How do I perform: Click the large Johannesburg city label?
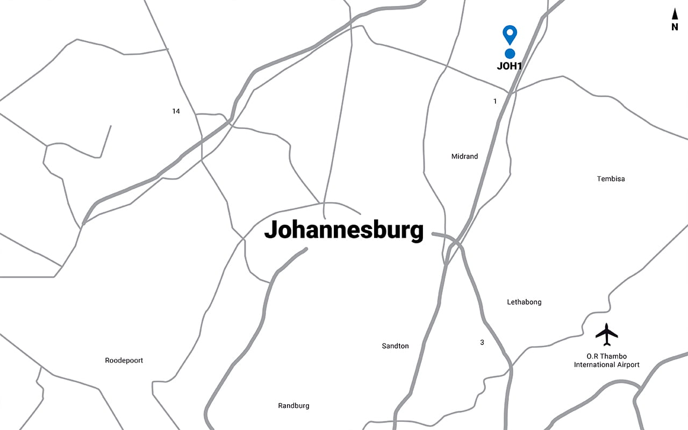tap(344, 230)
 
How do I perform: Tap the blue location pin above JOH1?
tap(510, 33)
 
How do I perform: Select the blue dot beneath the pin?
tap(510, 53)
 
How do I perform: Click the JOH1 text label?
tap(510, 67)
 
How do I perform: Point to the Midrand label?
tap(464, 156)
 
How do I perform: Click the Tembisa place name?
tap(611, 178)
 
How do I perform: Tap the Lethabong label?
tap(524, 302)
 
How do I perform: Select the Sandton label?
tap(395, 346)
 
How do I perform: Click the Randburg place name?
tap(293, 406)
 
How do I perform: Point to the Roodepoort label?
tap(124, 361)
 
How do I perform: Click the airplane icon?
tap(607, 334)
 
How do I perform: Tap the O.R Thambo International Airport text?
tap(607, 361)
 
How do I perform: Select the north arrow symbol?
tap(675, 15)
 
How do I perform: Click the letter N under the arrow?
tap(675, 27)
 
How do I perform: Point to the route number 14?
tap(176, 111)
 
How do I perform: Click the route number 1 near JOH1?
tap(495, 101)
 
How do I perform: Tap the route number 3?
tap(482, 342)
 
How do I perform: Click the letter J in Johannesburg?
tap(270, 230)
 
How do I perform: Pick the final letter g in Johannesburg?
tap(417, 232)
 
